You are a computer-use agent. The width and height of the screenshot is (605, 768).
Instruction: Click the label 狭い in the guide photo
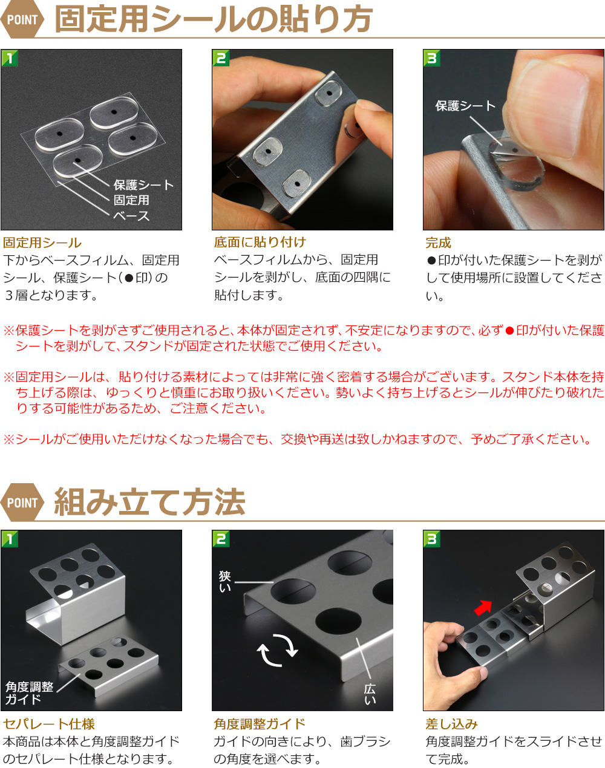pos(225,582)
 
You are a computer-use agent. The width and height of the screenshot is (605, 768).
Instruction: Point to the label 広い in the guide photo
pos(370,694)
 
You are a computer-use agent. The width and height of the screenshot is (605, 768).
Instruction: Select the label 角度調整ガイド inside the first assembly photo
pos(29,692)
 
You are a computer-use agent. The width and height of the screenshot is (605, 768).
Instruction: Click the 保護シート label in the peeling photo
pos(465,106)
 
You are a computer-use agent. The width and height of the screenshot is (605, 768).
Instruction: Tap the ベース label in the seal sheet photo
pos(131,216)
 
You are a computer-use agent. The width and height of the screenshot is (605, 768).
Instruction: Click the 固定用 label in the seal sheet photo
pos(131,200)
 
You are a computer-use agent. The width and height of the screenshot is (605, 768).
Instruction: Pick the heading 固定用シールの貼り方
pos(214,19)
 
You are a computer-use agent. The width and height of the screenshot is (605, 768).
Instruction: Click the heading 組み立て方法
pos(149,502)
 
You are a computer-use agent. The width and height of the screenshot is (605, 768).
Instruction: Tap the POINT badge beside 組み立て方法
pos(22,503)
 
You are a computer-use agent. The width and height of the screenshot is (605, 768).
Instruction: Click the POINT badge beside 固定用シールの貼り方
pos(22,19)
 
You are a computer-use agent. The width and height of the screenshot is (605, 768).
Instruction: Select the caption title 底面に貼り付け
pos(260,242)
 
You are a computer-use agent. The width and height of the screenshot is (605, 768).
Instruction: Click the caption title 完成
pos(438,242)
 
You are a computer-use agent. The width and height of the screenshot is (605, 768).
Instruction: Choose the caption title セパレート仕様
pos(49,724)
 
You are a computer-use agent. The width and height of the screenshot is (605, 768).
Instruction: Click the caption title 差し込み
pos(451,724)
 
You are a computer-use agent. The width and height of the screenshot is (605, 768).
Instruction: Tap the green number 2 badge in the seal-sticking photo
pos(221,58)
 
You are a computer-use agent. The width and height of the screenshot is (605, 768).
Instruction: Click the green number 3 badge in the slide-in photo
pos(432,538)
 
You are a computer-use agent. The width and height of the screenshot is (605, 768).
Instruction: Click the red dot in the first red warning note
pos(509,331)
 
